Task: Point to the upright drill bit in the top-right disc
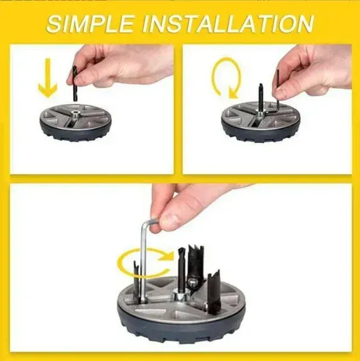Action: tap(261, 97)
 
